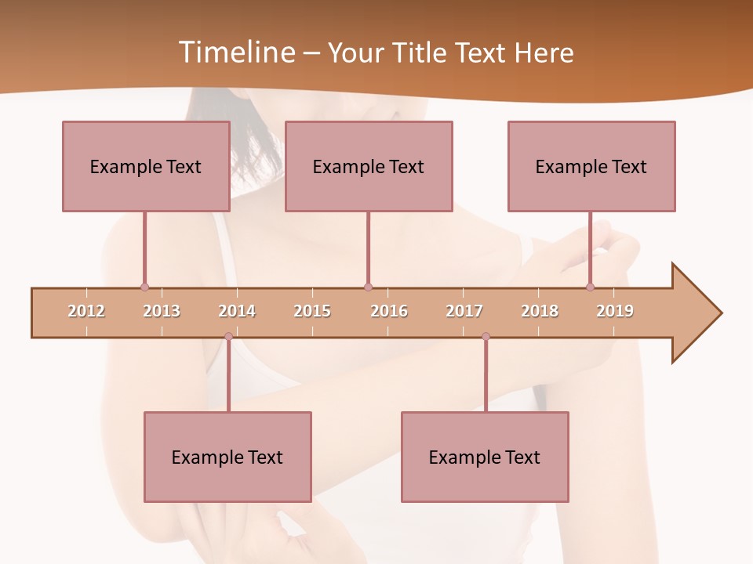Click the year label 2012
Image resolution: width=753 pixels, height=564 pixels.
(86, 311)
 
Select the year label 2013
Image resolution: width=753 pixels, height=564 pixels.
(162, 311)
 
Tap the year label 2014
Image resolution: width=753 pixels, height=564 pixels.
(237, 311)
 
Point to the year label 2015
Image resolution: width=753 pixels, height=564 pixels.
(312, 311)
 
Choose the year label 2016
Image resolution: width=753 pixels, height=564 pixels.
(389, 311)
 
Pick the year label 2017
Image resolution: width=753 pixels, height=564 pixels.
(464, 311)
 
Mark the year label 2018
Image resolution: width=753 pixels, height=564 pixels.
(540, 311)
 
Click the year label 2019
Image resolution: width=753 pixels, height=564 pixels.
(615, 311)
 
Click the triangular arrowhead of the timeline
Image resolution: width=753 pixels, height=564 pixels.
(694, 313)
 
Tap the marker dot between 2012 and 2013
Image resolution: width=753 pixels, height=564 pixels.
(144, 287)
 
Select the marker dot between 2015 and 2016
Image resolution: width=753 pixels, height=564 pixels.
(368, 287)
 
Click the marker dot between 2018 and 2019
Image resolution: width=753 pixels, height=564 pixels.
(590, 287)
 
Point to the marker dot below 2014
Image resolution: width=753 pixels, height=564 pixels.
(228, 336)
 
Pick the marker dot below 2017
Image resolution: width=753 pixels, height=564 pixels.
(486, 336)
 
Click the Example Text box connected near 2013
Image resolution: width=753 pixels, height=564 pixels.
(146, 166)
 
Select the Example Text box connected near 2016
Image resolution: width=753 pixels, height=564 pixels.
(369, 166)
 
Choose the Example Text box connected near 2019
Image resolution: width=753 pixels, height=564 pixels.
(591, 166)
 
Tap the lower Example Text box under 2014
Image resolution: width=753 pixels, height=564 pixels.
(227, 457)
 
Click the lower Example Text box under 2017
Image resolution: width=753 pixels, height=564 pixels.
(485, 457)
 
